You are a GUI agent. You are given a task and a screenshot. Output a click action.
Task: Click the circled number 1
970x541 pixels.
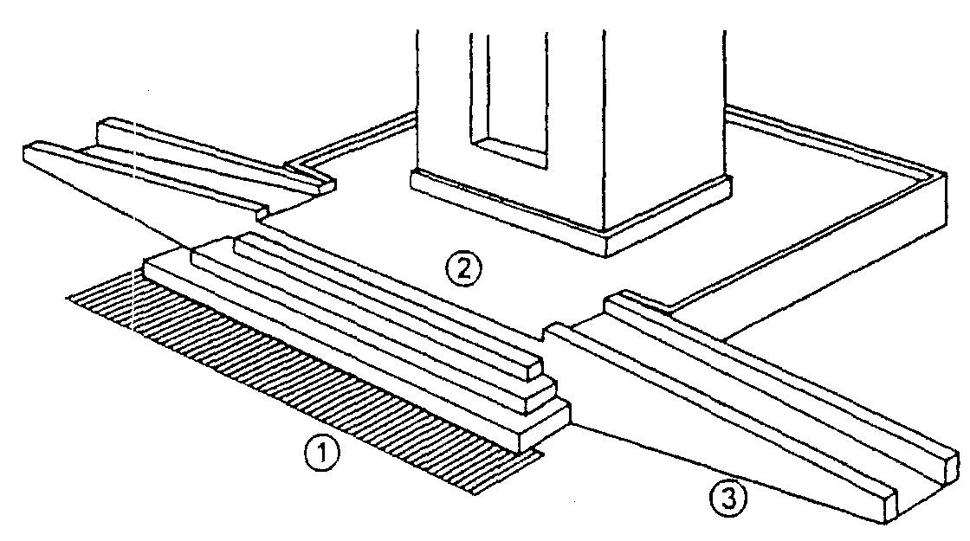[x=321, y=454]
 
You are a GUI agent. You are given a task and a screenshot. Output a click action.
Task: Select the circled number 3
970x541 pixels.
[x=727, y=499]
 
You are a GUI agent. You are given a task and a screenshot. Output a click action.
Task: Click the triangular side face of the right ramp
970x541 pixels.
[x=711, y=451]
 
